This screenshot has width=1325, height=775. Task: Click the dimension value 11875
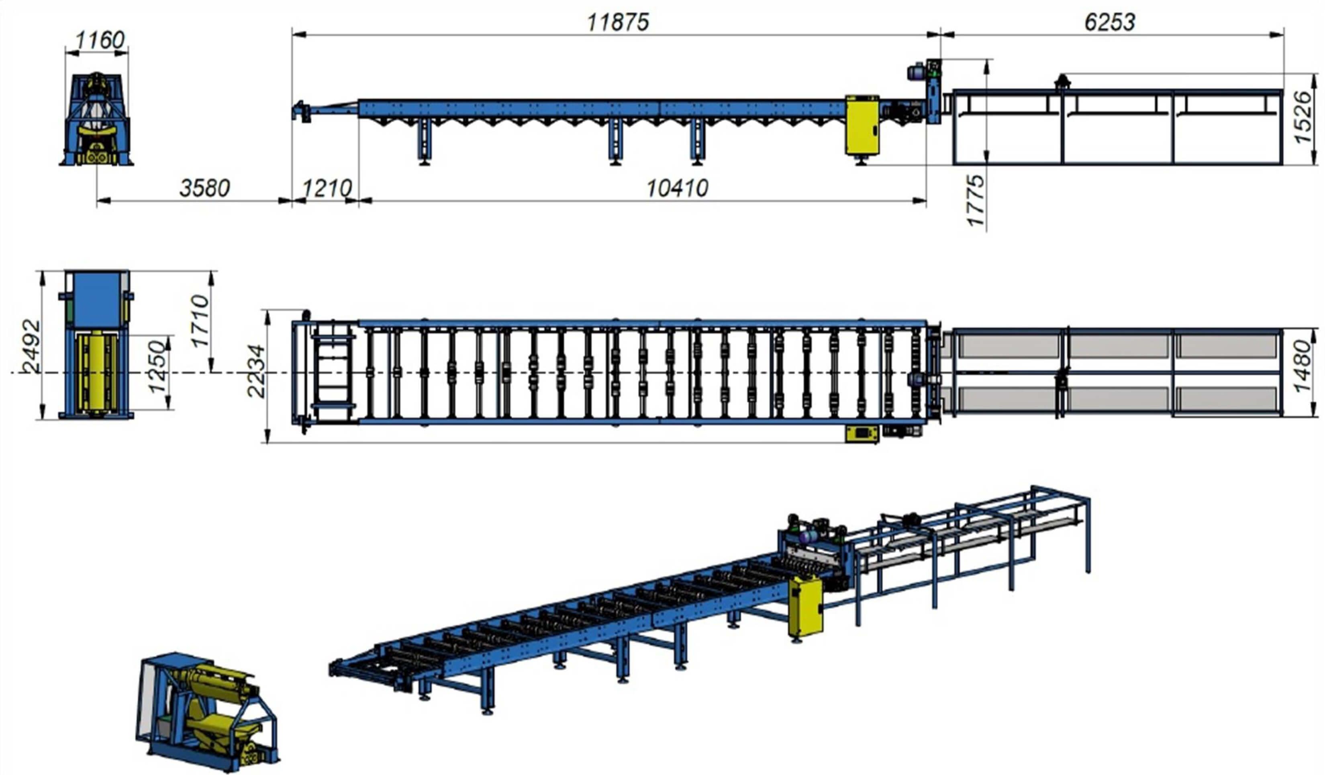click(617, 22)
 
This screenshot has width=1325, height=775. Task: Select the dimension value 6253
click(1109, 22)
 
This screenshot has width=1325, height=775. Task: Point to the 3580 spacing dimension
click(204, 188)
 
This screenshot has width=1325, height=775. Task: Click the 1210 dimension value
click(327, 188)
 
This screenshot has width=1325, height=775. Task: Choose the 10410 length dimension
click(677, 188)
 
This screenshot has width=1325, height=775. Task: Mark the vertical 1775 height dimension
click(975, 200)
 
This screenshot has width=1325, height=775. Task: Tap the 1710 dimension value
click(200, 321)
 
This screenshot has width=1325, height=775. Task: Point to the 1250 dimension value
click(157, 366)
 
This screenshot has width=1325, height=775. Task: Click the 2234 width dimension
click(256, 371)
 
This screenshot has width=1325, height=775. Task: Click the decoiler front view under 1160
click(97, 121)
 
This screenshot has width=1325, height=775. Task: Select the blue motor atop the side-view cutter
click(916, 72)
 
